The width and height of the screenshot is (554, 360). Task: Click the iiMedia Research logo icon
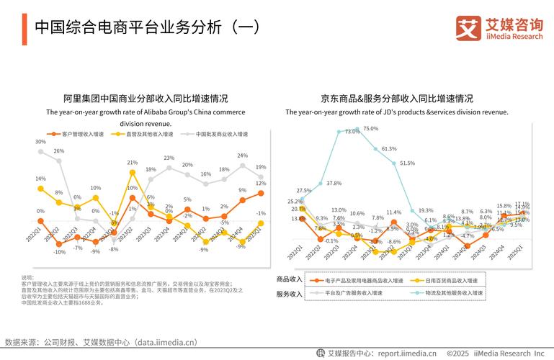pos(468,28)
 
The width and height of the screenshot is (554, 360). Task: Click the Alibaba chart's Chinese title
pos(146,99)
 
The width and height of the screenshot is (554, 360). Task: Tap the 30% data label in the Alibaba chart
pos(40,143)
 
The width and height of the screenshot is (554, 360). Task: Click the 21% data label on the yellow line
pos(133,163)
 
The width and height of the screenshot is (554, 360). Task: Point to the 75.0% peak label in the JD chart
pos(370,129)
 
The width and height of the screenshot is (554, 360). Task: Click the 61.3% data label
pos(389,149)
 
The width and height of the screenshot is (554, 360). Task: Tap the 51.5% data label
pos(407,163)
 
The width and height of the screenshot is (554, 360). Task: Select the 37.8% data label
pos(334,184)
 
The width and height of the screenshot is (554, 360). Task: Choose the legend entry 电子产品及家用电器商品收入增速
pos(354,279)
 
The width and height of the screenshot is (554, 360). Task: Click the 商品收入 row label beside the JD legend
pos(290,279)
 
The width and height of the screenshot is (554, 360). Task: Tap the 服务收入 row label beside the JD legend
pos(290,294)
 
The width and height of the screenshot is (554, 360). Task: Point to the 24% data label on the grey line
pos(243,156)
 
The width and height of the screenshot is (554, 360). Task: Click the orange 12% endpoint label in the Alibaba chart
pos(262,184)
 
